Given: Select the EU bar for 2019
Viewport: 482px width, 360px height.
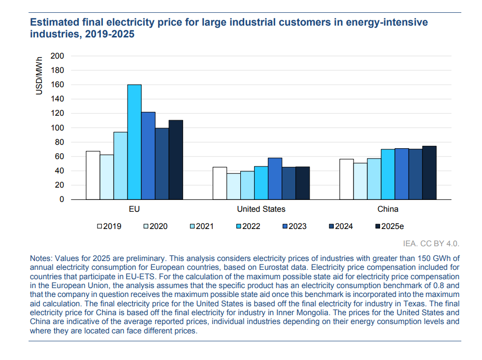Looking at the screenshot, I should [x=93, y=175].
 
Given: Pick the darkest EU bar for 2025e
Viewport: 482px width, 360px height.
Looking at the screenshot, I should [x=176, y=160].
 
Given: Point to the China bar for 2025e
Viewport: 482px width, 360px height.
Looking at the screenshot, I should [x=429, y=172].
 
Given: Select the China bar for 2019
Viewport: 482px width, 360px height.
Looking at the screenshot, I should [x=347, y=179].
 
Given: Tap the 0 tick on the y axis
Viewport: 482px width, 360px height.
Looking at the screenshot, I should [x=62, y=199].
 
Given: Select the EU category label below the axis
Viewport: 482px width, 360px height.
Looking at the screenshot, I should [x=134, y=209].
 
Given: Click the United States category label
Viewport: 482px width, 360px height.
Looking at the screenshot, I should [x=261, y=209].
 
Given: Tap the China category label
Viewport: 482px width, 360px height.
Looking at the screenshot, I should [x=388, y=209].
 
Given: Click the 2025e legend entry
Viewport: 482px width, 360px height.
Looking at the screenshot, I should [x=389, y=227].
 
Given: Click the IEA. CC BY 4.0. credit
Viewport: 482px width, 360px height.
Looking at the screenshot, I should [x=431, y=243].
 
